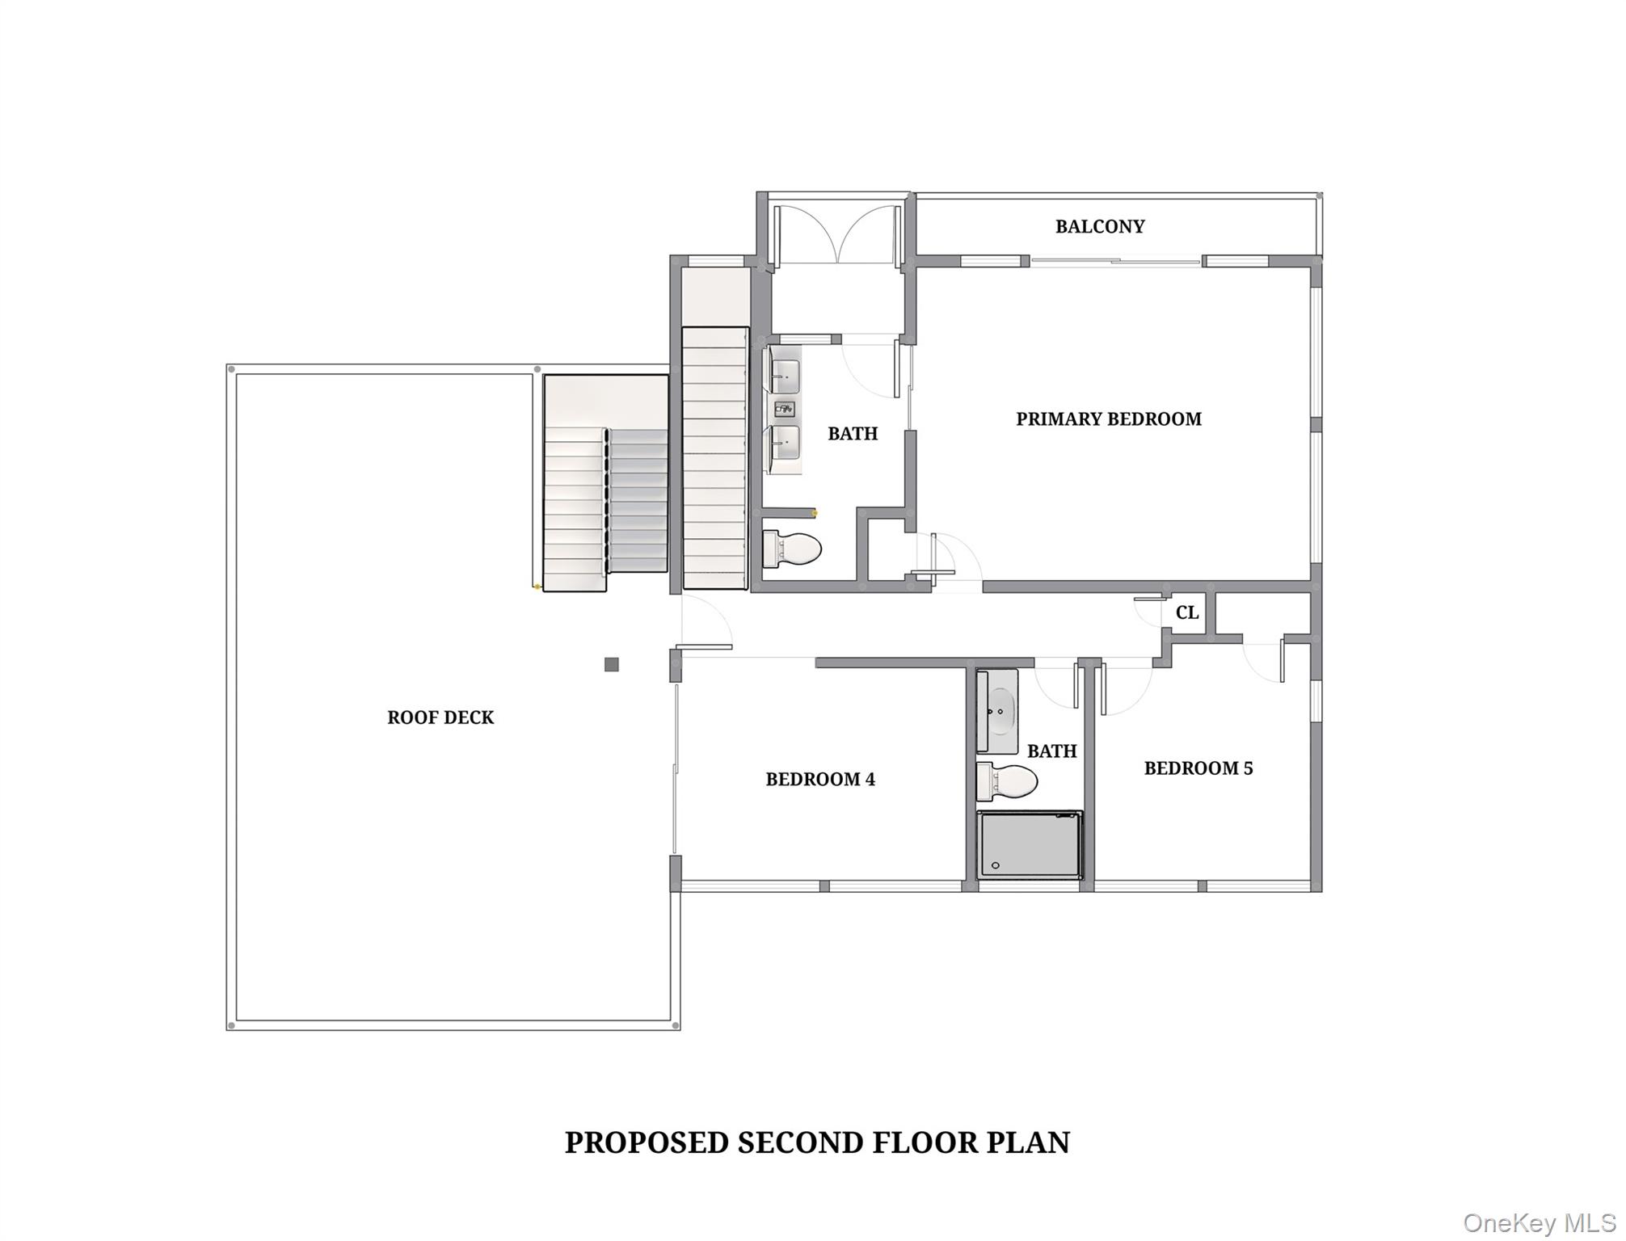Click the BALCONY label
point(1099,226)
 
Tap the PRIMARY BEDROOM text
point(1108,419)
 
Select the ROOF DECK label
point(440,717)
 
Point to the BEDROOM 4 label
point(819,779)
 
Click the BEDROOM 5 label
point(1198,768)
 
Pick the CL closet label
point(1186,612)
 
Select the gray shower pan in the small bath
point(1029,845)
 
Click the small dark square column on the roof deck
point(612,664)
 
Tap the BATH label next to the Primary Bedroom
point(852,434)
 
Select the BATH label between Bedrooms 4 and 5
point(1051,751)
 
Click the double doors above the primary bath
point(837,234)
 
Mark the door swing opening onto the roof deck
point(706,622)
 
